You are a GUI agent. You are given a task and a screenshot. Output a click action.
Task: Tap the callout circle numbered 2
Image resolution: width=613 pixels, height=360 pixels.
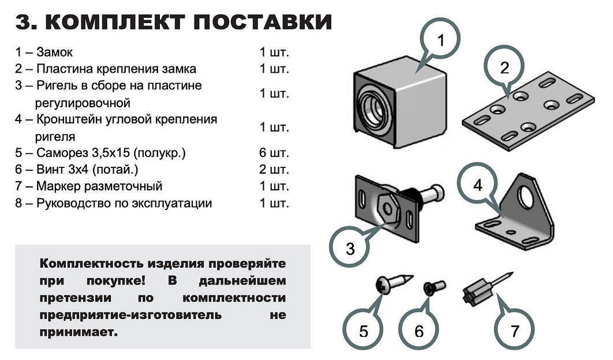[x=504, y=68]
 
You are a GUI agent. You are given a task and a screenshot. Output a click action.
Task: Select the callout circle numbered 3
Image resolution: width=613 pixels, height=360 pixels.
[x=350, y=249]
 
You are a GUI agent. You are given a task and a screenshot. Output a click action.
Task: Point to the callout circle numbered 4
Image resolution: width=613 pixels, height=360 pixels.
[x=477, y=185]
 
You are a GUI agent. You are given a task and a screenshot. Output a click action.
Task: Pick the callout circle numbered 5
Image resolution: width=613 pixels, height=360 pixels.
[x=363, y=331]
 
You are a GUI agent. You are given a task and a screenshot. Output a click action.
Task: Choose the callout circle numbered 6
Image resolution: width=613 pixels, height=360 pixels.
[x=419, y=331]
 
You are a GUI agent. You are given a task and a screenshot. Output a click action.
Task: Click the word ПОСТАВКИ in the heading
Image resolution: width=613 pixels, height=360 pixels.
[x=262, y=22]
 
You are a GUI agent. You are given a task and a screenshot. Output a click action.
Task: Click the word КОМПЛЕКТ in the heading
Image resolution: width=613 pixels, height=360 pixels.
[x=114, y=22]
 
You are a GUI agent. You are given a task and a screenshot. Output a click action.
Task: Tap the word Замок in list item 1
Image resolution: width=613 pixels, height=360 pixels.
[x=54, y=52]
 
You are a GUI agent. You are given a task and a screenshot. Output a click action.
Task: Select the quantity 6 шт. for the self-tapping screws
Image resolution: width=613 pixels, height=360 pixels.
[x=274, y=153]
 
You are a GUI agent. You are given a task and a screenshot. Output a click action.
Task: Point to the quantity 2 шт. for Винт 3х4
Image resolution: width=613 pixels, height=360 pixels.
[x=274, y=170]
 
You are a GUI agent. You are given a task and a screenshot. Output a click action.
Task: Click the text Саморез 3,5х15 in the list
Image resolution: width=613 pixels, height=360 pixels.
[x=87, y=153]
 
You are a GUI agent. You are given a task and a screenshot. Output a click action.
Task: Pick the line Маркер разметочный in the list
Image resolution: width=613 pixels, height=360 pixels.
[x=99, y=187]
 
